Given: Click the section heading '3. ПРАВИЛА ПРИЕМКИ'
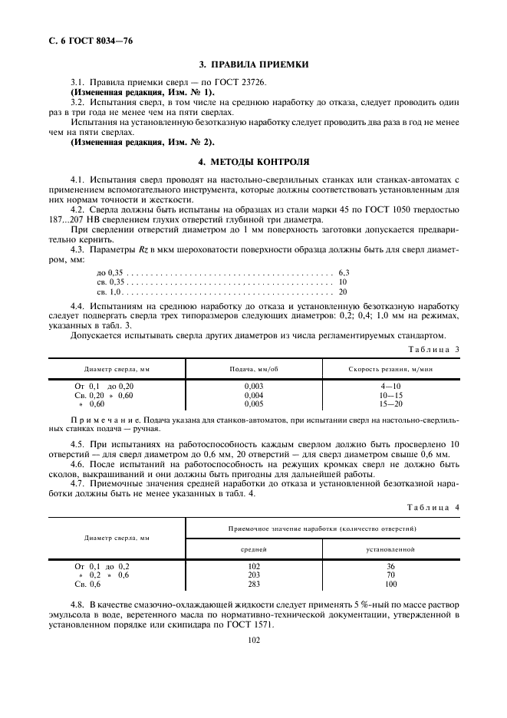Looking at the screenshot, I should tap(253, 65).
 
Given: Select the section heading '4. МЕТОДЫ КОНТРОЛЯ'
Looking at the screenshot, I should tap(253, 163).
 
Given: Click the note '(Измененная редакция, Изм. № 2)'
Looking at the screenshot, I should tap(143, 142).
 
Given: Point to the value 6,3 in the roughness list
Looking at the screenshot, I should tap(344, 272).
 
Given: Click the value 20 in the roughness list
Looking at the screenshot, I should tap(343, 291).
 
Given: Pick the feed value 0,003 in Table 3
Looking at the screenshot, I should tap(253, 386).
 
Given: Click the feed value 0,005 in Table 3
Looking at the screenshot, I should tap(253, 403).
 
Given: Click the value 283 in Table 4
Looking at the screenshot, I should tap(254, 584).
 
